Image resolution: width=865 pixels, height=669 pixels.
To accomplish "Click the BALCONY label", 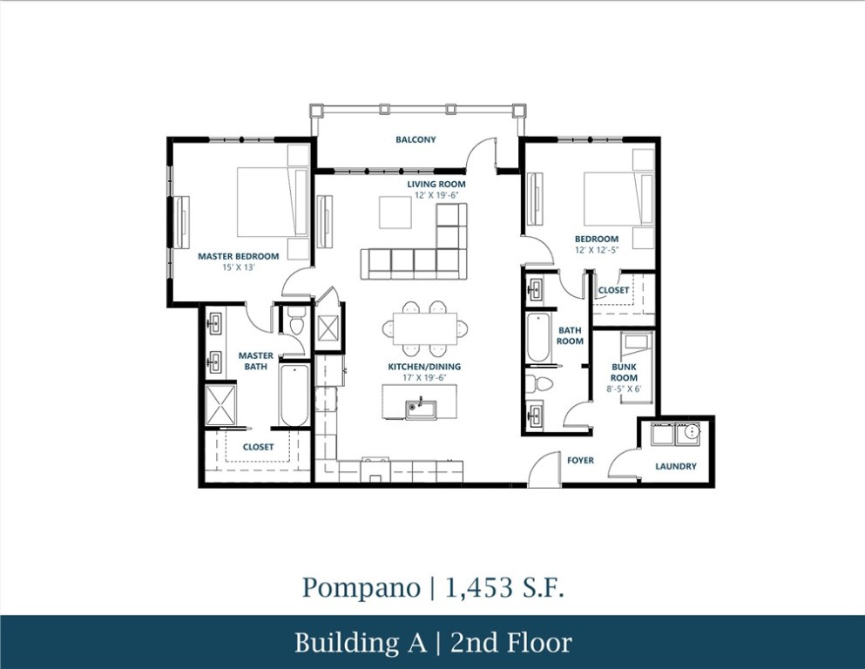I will coord(416,139).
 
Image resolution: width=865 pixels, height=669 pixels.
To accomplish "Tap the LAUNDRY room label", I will coord(676,466).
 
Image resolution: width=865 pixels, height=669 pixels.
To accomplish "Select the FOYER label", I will coord(581,460).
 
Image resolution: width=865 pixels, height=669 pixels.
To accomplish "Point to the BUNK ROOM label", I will coord(624,373).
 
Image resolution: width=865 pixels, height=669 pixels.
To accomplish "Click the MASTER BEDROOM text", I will coord(238,256).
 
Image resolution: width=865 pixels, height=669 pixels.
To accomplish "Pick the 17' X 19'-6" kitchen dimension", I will coord(424,378).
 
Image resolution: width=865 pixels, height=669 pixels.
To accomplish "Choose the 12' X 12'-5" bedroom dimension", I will coord(596,251).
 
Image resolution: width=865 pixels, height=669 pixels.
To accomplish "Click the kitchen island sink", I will coord(417,406).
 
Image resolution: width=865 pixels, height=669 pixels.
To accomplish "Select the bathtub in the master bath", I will coord(294,395).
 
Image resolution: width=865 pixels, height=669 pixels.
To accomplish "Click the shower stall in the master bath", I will coord(222,405).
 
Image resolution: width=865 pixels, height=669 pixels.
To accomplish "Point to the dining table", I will coord(424,328).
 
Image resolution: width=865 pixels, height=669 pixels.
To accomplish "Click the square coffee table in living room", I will coord(395,212).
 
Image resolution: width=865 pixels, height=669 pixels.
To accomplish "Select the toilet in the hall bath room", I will coord(541,383).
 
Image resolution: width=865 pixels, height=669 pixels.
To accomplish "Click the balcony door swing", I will coord(483,155).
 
